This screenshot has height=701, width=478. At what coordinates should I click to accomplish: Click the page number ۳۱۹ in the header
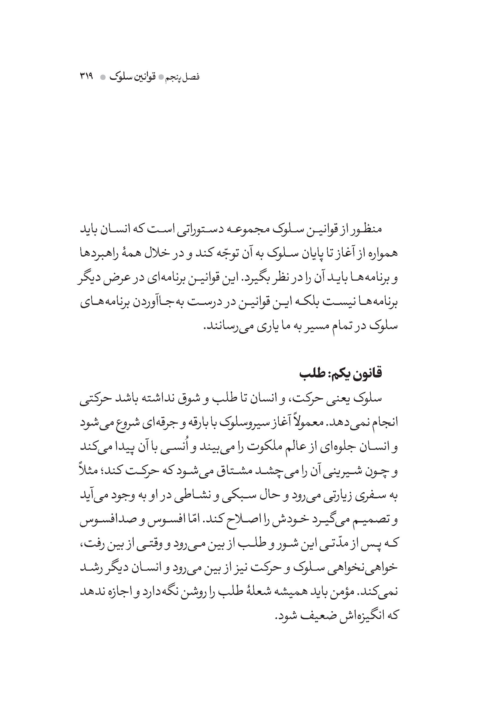pos(87,77)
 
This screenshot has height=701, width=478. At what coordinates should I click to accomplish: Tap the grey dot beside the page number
pos(103,77)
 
